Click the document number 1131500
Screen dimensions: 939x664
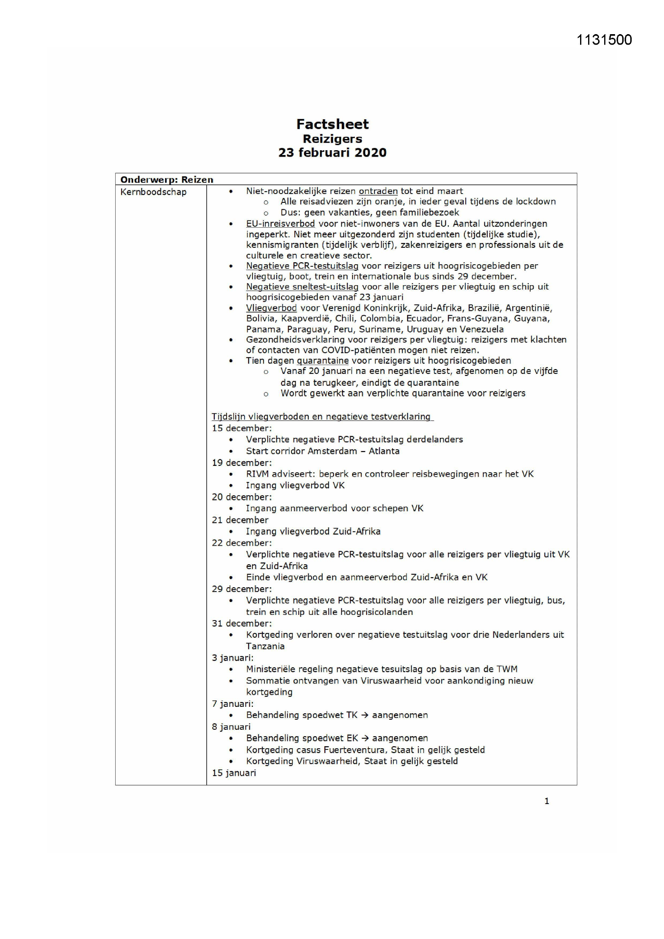tap(604, 40)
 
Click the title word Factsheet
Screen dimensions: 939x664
tap(332, 124)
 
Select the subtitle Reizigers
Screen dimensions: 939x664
tap(332, 139)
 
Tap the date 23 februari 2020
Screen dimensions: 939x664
tap(332, 153)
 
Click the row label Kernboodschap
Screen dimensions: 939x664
tap(153, 192)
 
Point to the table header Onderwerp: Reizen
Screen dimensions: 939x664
tap(167, 180)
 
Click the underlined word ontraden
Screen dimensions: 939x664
tap(378, 191)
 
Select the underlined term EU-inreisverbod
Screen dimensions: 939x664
tap(281, 224)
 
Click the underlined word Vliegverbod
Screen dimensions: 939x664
tap(271, 308)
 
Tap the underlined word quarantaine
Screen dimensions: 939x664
tap(323, 360)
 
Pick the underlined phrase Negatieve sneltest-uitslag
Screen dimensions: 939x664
tap(302, 287)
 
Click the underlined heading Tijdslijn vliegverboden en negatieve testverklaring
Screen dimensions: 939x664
tap(322, 416)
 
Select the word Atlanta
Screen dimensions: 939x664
tap(384, 451)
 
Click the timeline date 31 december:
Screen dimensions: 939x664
tap(242, 623)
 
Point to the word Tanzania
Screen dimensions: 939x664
tap(265, 646)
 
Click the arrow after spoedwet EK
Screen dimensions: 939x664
tap(365, 738)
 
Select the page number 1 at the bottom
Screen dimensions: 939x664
tap(547, 801)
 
